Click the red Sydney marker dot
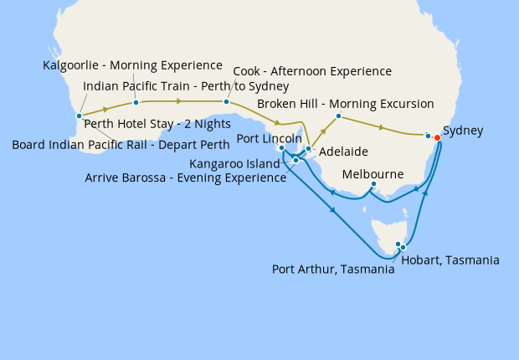tap(437, 137)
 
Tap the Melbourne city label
tap(373, 174)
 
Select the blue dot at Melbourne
tap(373, 184)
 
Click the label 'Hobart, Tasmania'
tap(450, 260)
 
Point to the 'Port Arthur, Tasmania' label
tap(333, 270)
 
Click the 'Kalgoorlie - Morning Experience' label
tap(132, 65)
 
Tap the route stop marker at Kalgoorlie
tap(136, 103)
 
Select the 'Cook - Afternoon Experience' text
tap(311, 71)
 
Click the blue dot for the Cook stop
tap(226, 102)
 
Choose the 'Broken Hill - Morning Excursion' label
tap(345, 104)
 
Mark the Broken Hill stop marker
tap(338, 116)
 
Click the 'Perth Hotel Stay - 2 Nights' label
tap(157, 124)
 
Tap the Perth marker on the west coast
tap(79, 116)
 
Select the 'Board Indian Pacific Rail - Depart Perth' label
tap(121, 144)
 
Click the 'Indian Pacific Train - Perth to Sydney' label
tap(186, 85)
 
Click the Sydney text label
tap(463, 131)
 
